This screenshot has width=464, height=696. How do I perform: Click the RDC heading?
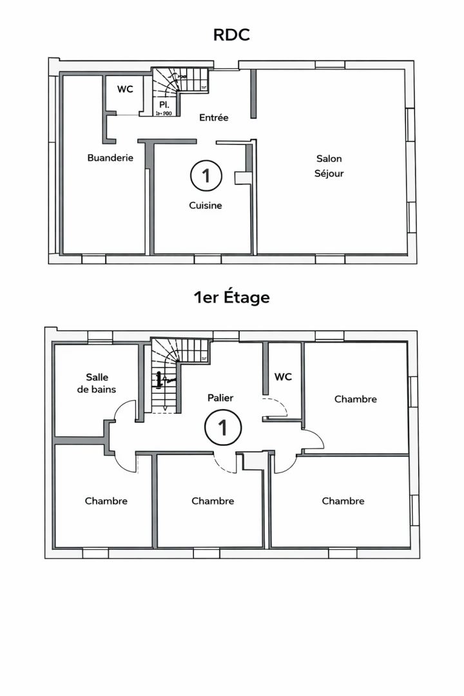point(231,35)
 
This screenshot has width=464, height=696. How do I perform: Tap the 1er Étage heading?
point(231,298)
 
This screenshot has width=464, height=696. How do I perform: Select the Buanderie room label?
point(110,157)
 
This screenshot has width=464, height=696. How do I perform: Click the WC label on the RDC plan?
point(125,89)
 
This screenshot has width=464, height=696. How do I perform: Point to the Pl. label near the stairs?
point(164,104)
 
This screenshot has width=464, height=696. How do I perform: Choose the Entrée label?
point(213,117)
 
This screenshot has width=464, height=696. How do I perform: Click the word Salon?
point(329,159)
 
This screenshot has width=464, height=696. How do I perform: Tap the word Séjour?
point(329,173)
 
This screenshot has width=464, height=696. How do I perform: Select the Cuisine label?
point(206,206)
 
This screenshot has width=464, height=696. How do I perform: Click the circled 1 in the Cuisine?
point(206,175)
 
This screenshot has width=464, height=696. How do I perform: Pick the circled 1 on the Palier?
point(223,428)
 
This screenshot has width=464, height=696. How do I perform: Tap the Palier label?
point(220,398)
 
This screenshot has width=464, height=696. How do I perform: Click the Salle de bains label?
point(97,383)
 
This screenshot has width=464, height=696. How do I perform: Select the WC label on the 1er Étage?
point(283,376)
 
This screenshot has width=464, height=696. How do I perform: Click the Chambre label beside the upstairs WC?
point(355,399)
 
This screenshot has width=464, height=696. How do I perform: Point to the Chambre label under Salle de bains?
point(106,501)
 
